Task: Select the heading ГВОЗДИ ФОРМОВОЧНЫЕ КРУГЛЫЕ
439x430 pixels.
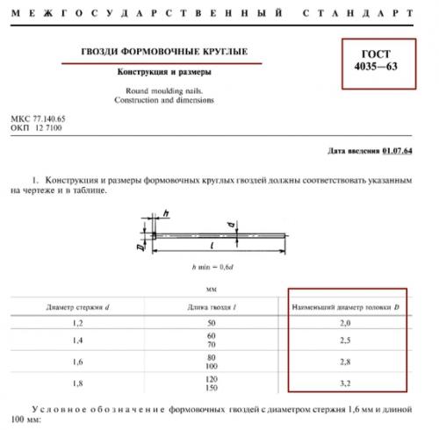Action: point(182,52)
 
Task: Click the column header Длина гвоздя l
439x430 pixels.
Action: point(212,307)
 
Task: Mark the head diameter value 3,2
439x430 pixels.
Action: point(347,383)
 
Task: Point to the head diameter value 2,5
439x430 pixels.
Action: point(347,341)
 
